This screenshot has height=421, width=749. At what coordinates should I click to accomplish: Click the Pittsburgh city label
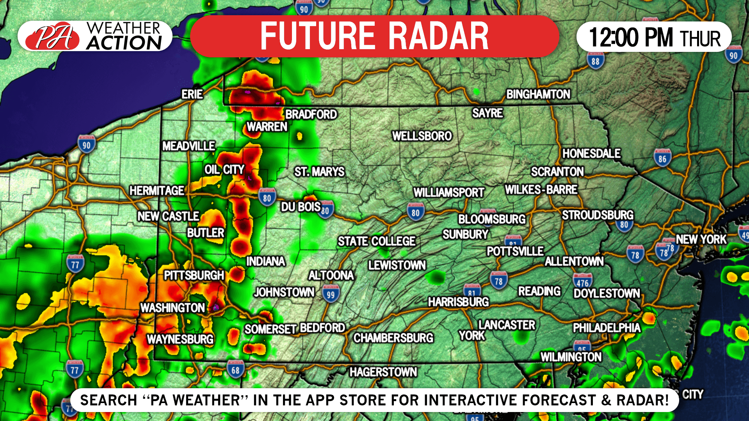click(x=194, y=275)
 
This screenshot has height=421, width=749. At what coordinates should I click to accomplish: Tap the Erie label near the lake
click(x=192, y=94)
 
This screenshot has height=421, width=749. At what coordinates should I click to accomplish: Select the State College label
click(x=377, y=242)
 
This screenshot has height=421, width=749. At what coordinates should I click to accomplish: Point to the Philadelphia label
click(x=607, y=328)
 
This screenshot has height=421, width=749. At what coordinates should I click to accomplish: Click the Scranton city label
click(x=557, y=172)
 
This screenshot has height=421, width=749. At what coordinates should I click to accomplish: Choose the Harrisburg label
click(x=458, y=302)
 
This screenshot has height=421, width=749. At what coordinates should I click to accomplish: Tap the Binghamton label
click(x=538, y=94)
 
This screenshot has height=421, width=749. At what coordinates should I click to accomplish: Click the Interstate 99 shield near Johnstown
click(x=331, y=294)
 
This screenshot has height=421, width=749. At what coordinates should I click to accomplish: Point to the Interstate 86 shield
click(x=662, y=158)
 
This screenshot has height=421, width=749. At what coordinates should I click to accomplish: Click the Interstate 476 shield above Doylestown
click(x=582, y=282)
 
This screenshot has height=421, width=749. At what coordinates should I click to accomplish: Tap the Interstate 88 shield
click(x=595, y=60)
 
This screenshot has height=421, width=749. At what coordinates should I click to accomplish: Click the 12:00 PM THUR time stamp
click(x=654, y=37)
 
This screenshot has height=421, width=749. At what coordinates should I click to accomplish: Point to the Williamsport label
click(x=449, y=193)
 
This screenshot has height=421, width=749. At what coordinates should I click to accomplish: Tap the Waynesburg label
click(x=180, y=339)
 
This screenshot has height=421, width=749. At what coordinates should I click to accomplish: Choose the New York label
click(x=701, y=240)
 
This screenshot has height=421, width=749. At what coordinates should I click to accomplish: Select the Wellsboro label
click(x=422, y=136)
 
